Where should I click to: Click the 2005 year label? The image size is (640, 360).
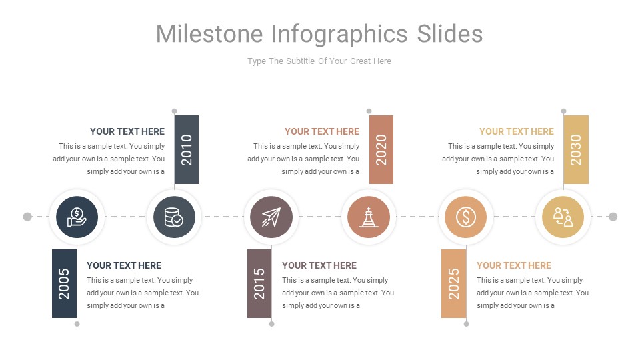(64, 283)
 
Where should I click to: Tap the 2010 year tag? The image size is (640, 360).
(186, 149)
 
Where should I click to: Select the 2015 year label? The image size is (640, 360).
(259, 283)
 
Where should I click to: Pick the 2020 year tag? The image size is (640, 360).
(381, 149)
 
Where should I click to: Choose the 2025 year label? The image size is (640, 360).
(454, 283)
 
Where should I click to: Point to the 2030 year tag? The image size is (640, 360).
(576, 149)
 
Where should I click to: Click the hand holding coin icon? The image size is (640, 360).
(77, 217)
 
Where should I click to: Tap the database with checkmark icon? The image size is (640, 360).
(174, 217)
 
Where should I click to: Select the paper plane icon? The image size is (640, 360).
(271, 217)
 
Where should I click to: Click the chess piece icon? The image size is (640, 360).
(369, 217)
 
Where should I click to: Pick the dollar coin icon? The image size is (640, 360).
(466, 217)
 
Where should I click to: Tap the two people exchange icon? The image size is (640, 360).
(563, 217)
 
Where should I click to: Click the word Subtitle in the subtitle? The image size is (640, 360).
(305, 61)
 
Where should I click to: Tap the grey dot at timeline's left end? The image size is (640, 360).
(27, 217)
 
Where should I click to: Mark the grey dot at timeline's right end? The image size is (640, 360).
(613, 217)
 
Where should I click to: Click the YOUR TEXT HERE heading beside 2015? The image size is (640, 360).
(319, 265)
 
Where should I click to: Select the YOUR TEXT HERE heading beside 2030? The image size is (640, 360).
(517, 131)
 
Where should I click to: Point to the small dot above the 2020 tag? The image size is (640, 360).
(369, 111)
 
